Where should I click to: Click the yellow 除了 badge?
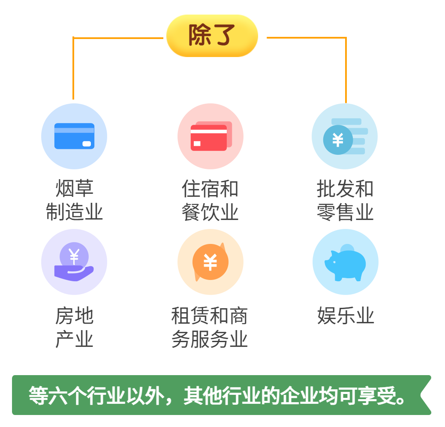coord(212,36)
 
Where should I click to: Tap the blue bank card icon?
coord(74,136)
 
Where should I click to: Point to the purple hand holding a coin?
coord(74,262)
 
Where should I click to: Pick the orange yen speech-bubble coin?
coord(210,262)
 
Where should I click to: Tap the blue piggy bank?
coord(345,263)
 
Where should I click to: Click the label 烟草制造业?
coord(74,200)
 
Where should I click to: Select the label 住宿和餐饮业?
coord(210,200)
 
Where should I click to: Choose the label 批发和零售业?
coord(345,200)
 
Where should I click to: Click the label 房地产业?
coord(74,327)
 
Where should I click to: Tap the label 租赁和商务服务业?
coord(210,327)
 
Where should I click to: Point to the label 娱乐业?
coord(346,315)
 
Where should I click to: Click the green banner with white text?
coord(221,395)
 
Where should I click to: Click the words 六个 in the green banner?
coord(67,395)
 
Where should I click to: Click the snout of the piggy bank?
coord(328,264)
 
